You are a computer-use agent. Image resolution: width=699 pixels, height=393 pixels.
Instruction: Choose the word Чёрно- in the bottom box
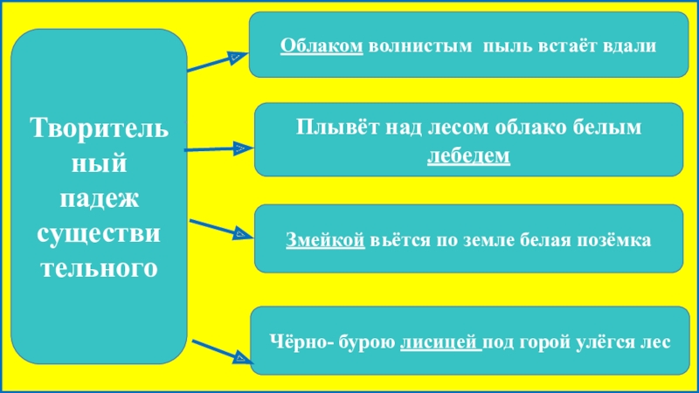coord(297,341)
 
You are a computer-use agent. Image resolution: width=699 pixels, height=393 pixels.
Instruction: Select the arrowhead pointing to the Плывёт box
coord(239,150)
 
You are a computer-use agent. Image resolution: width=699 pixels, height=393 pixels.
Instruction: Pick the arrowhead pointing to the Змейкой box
coord(241,234)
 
